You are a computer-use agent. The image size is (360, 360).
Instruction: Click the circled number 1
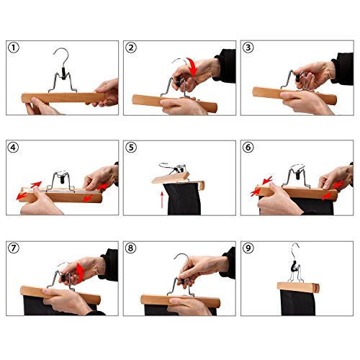coord(14,48)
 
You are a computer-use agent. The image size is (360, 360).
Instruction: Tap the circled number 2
coord(131,48)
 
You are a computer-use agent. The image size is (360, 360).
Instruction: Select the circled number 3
coord(248,48)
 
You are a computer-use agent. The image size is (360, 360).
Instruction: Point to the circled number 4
coord(14,147)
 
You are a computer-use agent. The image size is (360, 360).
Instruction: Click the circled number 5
coord(131,147)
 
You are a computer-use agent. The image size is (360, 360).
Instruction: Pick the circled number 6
coord(248,147)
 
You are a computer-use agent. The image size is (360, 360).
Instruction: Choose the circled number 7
coord(14,248)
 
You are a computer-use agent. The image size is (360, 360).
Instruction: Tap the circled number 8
coord(131,248)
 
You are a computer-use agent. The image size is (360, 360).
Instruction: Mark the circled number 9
coord(248,248)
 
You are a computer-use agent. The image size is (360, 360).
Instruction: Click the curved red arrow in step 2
coord(193,66)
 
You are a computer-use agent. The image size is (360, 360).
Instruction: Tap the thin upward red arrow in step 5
coord(162,199)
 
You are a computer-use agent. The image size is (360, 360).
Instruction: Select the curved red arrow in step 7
coord(81,272)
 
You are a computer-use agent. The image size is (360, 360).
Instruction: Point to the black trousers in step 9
coord(298,302)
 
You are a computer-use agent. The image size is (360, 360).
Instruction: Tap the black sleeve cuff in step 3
coord(342,69)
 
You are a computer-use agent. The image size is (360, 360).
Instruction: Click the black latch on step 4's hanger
coord(62,179)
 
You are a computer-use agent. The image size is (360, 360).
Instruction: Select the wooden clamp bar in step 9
coord(298,287)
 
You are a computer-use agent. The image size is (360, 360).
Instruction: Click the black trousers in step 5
coord(184,199)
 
